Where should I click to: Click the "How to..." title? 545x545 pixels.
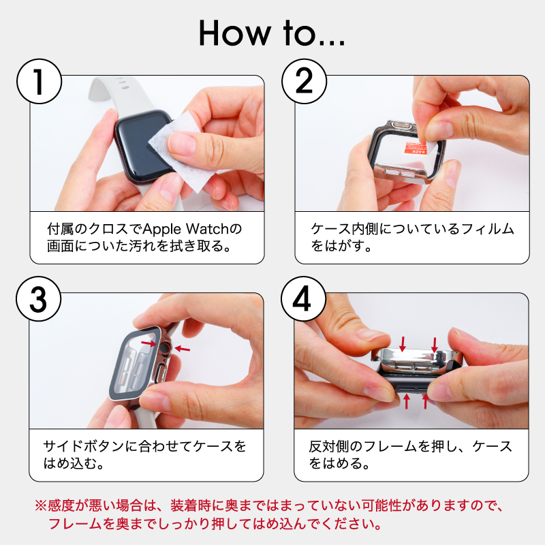(272, 33)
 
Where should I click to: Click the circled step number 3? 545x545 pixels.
(39, 300)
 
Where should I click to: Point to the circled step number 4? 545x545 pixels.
(304, 300)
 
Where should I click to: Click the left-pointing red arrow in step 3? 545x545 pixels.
(182, 349)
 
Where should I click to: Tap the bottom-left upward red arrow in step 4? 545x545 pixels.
(407, 401)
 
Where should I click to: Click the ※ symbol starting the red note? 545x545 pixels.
(40, 506)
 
